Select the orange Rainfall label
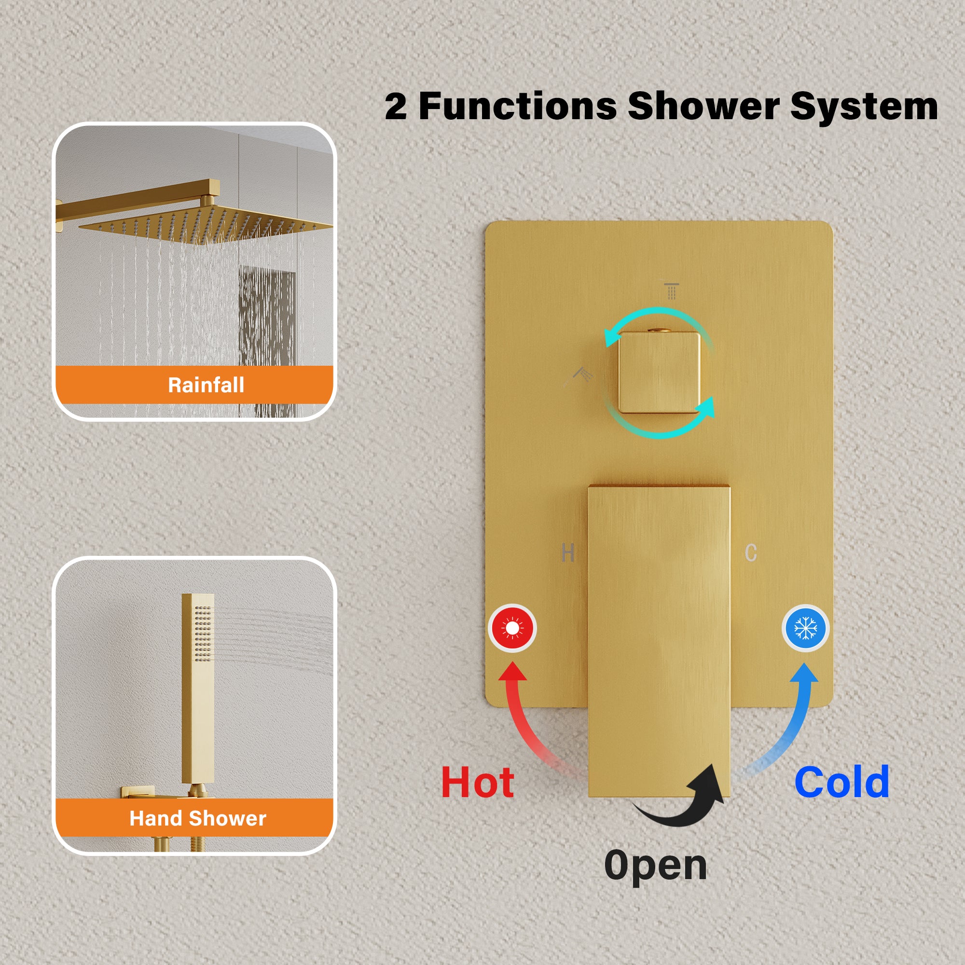tap(194, 385)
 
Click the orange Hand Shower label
tap(194, 818)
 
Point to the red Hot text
tap(478, 783)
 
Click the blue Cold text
tap(841, 782)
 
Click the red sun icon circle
tap(512, 628)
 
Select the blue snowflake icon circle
tap(805, 628)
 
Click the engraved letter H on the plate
tap(567, 553)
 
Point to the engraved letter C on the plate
tap(751, 553)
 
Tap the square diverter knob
tap(659, 372)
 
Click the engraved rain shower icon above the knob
tap(671, 290)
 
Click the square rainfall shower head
tap(205, 225)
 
